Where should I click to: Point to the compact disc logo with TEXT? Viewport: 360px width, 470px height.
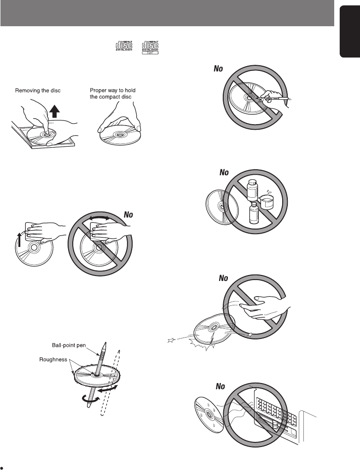pyautogui.click(x=150, y=47)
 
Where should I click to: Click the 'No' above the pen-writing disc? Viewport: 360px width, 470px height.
pyautogui.click(x=217, y=69)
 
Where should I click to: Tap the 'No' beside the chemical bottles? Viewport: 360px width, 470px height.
pyautogui.click(x=224, y=173)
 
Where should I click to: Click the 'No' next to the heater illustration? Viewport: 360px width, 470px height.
pyautogui.click(x=221, y=387)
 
